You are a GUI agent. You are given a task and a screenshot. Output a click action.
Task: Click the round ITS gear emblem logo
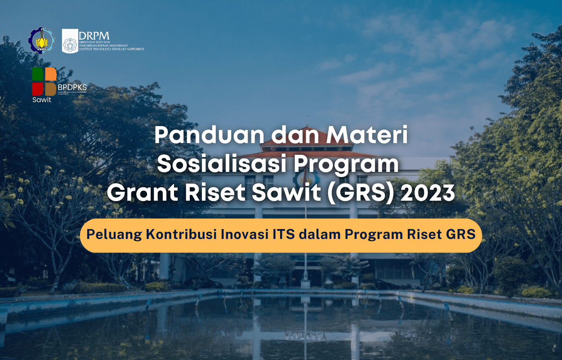tap(41, 40)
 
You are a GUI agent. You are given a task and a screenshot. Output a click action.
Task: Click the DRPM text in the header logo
tap(94, 35)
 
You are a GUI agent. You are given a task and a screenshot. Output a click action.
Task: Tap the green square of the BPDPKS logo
tap(37, 74)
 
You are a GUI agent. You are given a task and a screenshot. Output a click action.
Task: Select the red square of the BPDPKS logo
tap(37, 89)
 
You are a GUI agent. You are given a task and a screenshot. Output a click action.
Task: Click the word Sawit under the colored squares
tap(41, 100)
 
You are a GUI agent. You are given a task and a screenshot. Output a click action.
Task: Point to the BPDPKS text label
tap(72, 87)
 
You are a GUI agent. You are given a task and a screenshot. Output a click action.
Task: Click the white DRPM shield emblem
tap(70, 41)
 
